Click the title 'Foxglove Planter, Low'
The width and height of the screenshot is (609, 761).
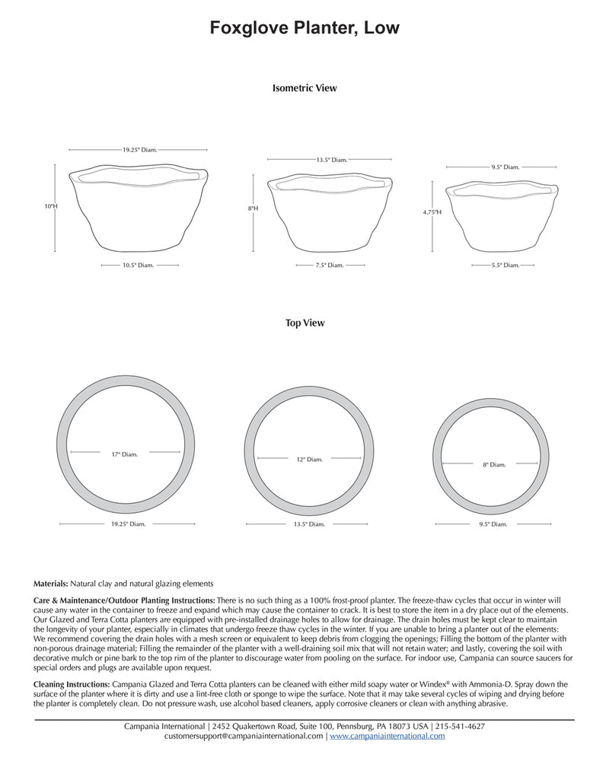[304, 28]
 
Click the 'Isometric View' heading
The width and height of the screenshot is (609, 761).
[304, 88]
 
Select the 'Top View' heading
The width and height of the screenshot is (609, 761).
[304, 323]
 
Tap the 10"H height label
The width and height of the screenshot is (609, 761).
[51, 205]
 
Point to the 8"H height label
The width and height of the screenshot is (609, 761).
[253, 208]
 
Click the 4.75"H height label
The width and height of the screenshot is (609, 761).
[432, 213]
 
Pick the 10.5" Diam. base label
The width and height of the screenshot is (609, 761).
[139, 265]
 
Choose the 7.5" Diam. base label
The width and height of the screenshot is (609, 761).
[330, 265]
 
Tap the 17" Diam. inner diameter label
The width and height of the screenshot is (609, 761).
[125, 454]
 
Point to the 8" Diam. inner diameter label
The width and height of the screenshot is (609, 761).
[493, 464]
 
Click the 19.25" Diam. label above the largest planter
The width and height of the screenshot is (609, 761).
[140, 150]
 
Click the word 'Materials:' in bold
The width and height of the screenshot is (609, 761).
[51, 584]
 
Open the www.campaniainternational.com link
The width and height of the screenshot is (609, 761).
[387, 737]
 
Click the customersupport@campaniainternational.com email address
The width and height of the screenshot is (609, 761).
[244, 737]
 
